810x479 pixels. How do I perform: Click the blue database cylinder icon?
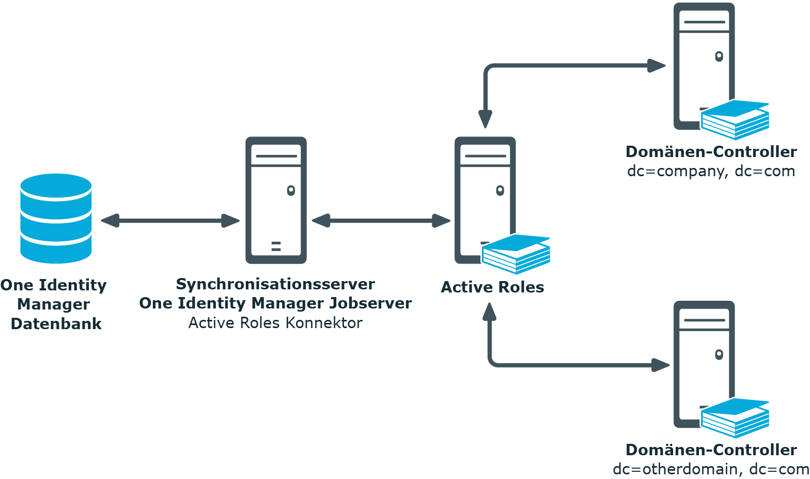56,219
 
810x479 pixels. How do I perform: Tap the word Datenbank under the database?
56,324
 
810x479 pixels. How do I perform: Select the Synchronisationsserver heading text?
275,284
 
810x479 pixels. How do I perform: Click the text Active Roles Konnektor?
275,323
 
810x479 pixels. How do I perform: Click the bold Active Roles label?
492,287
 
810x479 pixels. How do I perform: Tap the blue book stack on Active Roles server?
516,254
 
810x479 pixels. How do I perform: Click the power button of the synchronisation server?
291,190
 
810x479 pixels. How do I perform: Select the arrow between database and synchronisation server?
170,221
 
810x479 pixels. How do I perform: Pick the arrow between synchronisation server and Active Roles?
381,221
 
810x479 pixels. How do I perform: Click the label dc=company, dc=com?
711,171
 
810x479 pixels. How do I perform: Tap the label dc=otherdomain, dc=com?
711,469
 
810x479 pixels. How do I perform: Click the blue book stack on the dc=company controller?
735,120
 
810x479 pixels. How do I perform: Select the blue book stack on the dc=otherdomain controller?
735,418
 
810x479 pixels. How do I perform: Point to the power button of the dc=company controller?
719,56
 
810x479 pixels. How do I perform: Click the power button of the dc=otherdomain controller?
719,354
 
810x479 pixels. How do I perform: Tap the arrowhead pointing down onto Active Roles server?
485,119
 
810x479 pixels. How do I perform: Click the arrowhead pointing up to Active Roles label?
489,312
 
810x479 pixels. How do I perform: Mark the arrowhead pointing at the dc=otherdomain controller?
660,365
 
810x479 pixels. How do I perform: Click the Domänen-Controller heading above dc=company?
711,152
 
